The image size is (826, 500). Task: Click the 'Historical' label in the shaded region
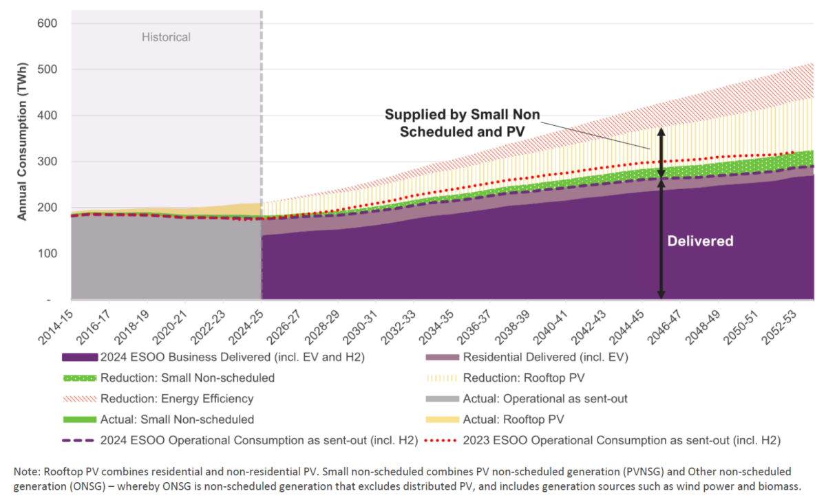pos(166,37)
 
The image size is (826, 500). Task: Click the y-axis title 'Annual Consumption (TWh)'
pos(22,156)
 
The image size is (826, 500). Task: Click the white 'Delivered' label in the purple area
pos(701,241)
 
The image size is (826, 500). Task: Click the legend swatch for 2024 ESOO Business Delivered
pos(79,358)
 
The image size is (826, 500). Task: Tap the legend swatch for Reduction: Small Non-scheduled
pos(79,378)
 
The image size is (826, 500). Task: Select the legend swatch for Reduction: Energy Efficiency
pos(79,399)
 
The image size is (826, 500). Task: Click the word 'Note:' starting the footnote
pos(27,472)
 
